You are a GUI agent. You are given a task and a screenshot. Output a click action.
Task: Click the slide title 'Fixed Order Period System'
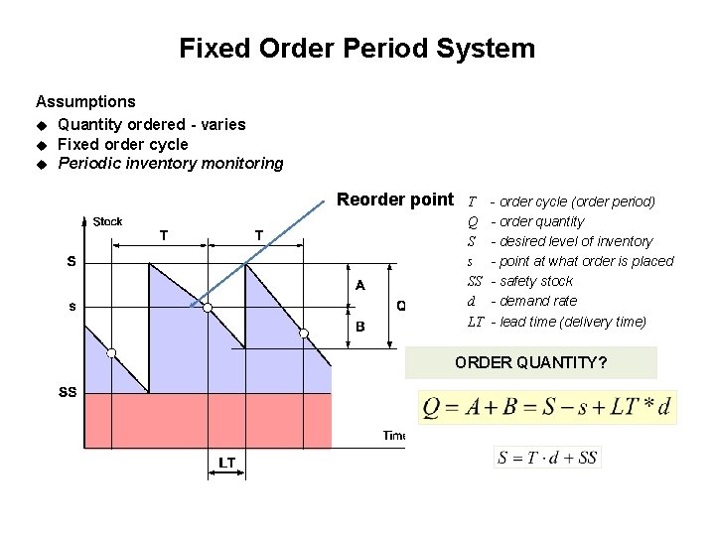point(357,48)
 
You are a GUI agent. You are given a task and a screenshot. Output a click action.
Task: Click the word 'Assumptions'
point(85,101)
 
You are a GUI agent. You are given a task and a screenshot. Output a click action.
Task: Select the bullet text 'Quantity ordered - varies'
point(151,124)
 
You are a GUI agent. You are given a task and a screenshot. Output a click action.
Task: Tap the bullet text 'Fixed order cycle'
point(122,144)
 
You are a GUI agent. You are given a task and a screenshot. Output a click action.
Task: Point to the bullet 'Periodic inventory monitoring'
point(170,163)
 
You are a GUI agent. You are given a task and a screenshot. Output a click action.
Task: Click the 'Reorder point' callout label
point(394,200)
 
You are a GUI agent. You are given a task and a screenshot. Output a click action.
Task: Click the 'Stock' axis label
point(107,221)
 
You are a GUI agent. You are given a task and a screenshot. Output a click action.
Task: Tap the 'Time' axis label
point(394,435)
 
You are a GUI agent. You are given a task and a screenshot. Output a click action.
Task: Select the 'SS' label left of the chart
point(68,392)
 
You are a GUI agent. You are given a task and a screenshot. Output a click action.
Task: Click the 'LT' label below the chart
point(226,463)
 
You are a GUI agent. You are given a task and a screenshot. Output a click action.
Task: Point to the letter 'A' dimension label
point(359,285)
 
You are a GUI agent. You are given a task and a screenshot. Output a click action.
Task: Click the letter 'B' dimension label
point(359,326)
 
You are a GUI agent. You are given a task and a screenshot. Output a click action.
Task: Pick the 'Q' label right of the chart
point(400,305)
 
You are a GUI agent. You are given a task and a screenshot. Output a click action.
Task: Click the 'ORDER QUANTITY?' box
point(530,362)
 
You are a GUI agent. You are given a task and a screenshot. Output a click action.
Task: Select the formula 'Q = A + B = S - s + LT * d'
point(547,407)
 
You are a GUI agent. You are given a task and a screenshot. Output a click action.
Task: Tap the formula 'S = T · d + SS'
point(547,458)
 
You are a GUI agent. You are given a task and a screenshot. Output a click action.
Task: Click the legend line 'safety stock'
point(536,281)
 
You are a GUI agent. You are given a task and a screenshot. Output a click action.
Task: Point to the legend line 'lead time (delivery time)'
point(571,321)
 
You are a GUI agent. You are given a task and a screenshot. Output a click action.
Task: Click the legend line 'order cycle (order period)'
point(576,201)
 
